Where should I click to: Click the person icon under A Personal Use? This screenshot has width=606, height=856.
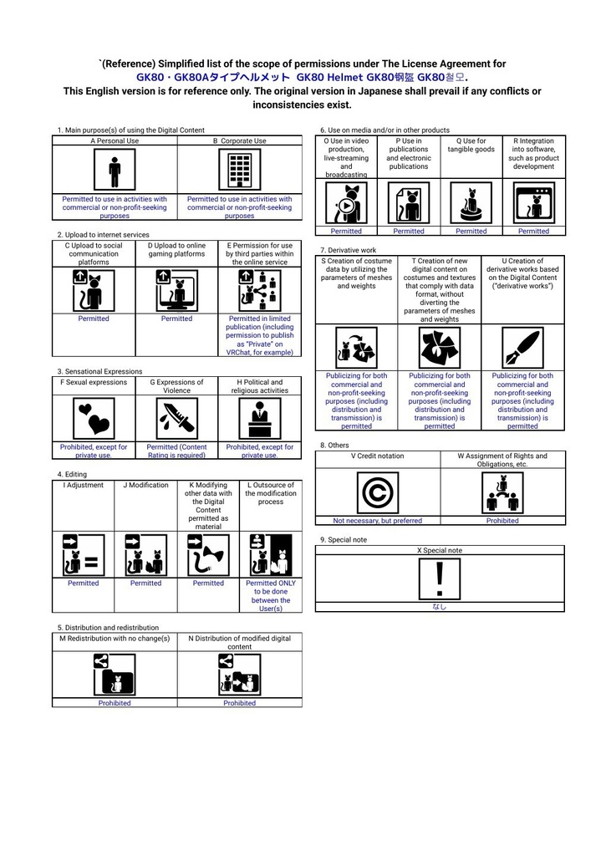tap(115, 170)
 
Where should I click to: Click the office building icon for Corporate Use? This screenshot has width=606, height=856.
tap(239, 170)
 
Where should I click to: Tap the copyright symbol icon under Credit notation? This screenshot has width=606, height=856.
tap(377, 492)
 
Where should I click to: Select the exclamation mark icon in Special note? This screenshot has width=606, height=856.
tap(440, 578)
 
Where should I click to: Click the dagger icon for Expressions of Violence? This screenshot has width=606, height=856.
tap(176, 418)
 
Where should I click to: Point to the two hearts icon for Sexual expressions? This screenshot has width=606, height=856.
tap(94, 418)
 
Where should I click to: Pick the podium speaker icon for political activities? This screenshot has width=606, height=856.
tap(260, 418)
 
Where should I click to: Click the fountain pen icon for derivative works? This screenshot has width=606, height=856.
tap(522, 348)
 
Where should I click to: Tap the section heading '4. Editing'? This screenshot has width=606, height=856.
tap(72, 475)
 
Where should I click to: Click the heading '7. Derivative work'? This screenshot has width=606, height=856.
tap(349, 250)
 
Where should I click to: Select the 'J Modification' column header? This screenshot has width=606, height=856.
tap(145, 485)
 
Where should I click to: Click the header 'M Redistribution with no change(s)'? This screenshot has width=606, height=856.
tap(115, 638)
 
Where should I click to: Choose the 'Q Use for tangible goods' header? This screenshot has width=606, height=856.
tap(471, 145)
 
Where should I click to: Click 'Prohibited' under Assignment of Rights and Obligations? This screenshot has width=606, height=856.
tap(502, 521)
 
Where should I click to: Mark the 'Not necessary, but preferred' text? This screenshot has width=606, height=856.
tap(377, 521)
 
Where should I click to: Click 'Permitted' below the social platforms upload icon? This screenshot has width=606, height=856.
tap(94, 318)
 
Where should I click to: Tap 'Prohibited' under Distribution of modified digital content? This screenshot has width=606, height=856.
tap(239, 703)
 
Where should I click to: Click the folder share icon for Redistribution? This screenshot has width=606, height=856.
tap(115, 675)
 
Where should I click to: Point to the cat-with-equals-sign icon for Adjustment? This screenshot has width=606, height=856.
tap(83, 555)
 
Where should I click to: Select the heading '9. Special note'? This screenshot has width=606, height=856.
tap(344, 540)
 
